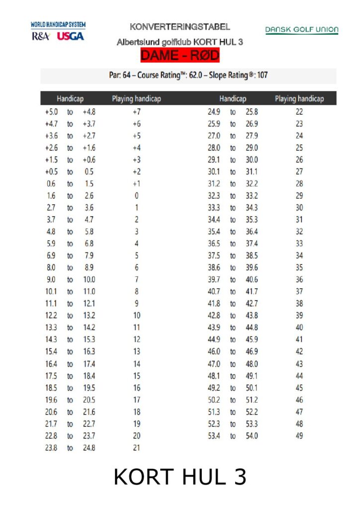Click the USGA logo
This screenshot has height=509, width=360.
point(70,36)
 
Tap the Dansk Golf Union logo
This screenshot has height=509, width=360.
point(301,30)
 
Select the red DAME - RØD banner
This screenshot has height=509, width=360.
point(180,55)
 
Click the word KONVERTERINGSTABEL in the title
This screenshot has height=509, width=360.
point(180,26)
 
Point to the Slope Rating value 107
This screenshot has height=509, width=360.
point(262,76)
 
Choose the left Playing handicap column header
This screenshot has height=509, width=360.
point(136,98)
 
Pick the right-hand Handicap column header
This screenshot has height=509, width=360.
point(233,98)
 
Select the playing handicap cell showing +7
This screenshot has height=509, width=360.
point(136,112)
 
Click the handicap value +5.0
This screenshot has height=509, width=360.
point(51,112)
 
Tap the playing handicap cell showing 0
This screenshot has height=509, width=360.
point(136,195)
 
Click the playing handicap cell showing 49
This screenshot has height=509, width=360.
point(299,436)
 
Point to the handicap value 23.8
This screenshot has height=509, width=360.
point(51,448)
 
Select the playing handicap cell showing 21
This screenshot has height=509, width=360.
point(136,448)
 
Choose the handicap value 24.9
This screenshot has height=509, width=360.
point(214,112)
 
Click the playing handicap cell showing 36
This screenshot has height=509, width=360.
point(299,279)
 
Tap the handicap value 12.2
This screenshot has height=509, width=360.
point(51,315)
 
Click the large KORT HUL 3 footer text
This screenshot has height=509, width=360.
point(180,477)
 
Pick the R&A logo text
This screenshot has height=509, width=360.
point(41,36)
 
